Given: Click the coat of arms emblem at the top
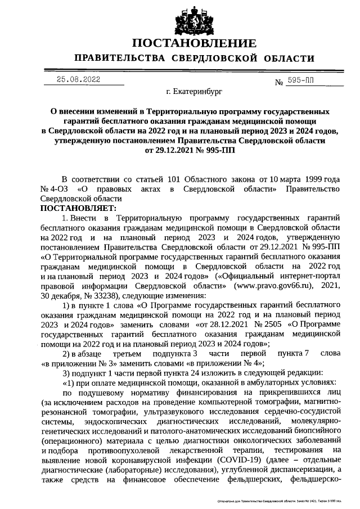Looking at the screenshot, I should pos(179,19).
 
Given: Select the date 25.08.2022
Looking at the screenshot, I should pos(78,79).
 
